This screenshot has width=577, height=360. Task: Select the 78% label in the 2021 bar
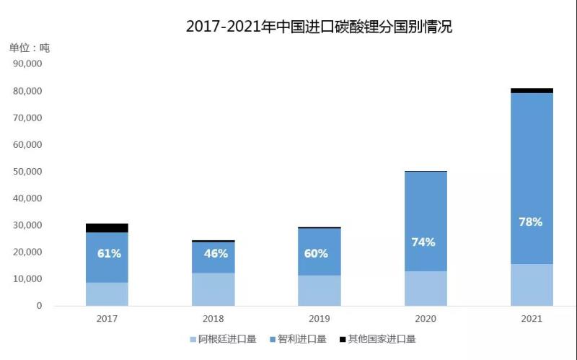click(x=530, y=222)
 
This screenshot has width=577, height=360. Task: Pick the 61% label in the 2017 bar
click(x=109, y=253)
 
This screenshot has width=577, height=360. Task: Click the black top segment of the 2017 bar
click(x=107, y=228)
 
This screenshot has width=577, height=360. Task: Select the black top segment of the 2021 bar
click(x=531, y=91)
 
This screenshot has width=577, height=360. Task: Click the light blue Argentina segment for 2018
click(x=213, y=289)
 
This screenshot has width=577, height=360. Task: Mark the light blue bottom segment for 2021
click(x=531, y=285)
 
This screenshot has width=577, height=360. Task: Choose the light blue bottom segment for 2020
click(x=426, y=289)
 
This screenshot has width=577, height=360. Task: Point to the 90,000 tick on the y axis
click(x=28, y=64)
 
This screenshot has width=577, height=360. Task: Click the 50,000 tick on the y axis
click(x=28, y=172)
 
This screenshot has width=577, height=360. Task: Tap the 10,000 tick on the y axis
click(x=28, y=278)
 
